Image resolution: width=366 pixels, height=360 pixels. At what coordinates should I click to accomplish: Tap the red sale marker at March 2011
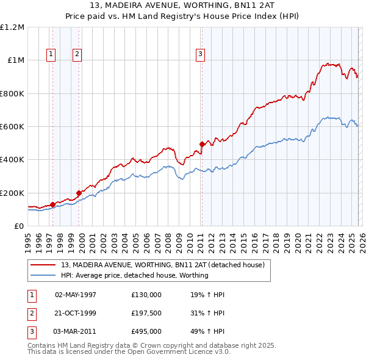[202, 145]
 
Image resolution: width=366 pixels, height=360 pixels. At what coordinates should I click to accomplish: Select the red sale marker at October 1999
[79, 193]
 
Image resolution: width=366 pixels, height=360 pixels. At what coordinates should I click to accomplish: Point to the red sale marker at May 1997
[52, 204]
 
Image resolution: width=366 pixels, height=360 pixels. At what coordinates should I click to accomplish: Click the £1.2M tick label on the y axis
[12, 27]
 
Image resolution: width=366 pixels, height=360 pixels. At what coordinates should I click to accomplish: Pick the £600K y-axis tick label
[12, 127]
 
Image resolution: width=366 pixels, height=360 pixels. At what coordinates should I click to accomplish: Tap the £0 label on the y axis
[18, 226]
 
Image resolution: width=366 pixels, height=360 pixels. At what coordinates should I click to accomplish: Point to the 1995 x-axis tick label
[29, 241]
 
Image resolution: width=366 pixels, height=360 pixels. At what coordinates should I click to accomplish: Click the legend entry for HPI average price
[134, 275]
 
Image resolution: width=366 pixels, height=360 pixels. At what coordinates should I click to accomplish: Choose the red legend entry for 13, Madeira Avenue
[162, 265]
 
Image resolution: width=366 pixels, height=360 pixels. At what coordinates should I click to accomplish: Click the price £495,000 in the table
[146, 331]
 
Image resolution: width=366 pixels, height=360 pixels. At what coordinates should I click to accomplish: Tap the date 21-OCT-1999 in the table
[76, 313]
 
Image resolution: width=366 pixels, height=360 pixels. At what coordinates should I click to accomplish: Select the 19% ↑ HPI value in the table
[207, 295]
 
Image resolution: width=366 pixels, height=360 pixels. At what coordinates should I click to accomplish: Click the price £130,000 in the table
[146, 295]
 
